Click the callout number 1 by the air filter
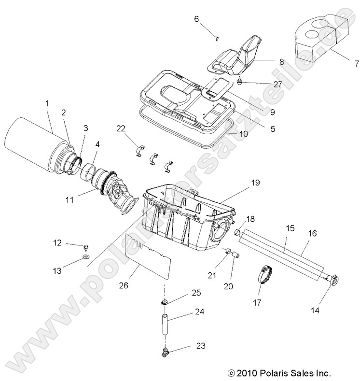pyautogui.click(x=46, y=103)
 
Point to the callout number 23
pyautogui.click(x=200, y=345)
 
